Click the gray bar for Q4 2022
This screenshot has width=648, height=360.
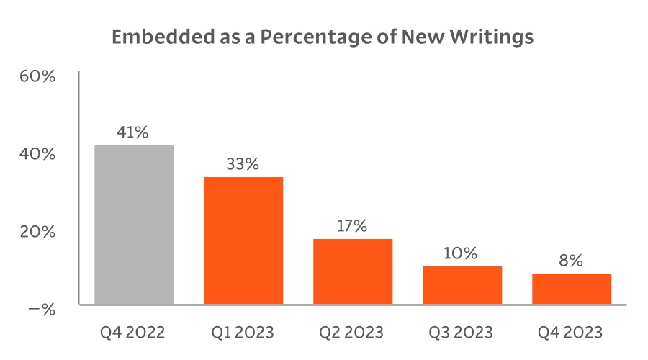pyautogui.click(x=134, y=225)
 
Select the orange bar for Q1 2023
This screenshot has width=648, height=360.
pyautogui.click(x=243, y=240)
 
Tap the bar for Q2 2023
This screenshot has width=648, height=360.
pyautogui.click(x=353, y=271)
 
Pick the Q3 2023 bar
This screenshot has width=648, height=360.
pyautogui.click(x=462, y=285)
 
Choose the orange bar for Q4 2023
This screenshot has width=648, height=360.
pyautogui.click(x=572, y=289)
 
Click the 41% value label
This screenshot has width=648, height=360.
pyautogui.click(x=133, y=132)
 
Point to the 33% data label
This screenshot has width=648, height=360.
pyautogui.click(x=242, y=164)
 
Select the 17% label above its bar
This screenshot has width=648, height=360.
pyautogui.click(x=352, y=226)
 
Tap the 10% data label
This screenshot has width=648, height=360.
pyautogui.click(x=461, y=253)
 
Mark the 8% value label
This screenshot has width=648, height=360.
pyautogui.click(x=571, y=261)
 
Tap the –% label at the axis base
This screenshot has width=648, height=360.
pyautogui.click(x=41, y=310)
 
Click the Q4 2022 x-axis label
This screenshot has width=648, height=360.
pyautogui.click(x=133, y=333)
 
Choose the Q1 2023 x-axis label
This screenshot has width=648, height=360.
pyautogui.click(x=243, y=333)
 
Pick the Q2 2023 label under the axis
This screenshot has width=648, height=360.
pyautogui.click(x=352, y=333)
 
